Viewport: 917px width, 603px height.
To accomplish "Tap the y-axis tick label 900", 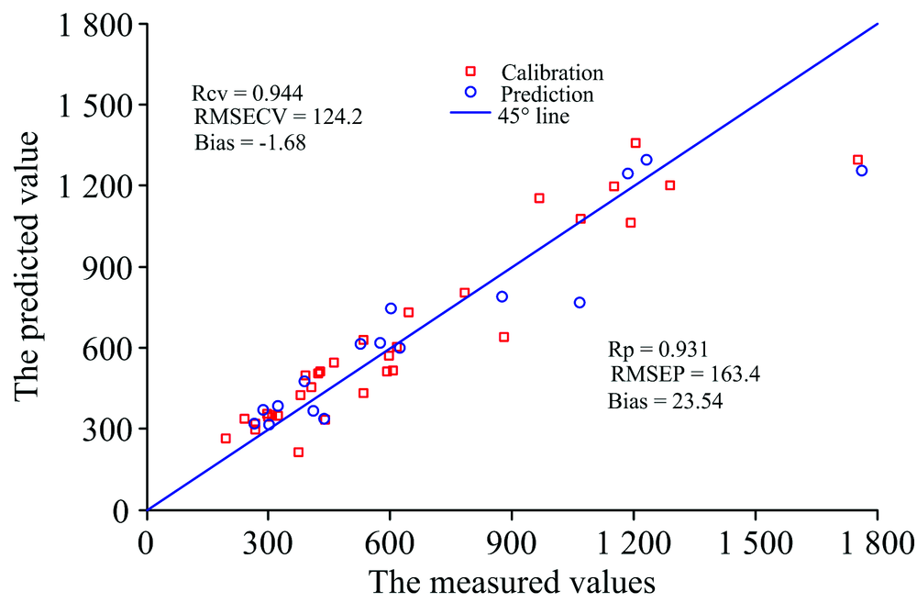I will tap(107, 267).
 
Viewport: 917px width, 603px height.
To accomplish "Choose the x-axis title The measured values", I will tap(512, 582).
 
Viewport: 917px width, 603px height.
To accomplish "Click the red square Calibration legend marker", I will tap(471, 72).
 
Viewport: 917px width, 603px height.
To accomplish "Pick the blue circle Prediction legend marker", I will tap(471, 93).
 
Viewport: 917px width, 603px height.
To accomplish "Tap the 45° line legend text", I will tap(535, 116).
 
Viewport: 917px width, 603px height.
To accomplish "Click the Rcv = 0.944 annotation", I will tap(248, 93).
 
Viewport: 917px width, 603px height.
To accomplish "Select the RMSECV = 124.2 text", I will tap(261, 117).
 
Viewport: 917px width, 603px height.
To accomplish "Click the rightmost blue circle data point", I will tap(862, 171).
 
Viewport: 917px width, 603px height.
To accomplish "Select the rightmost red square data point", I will tap(857, 160).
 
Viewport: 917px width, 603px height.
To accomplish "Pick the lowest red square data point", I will tap(298, 452).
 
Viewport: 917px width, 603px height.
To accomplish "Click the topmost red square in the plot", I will tap(635, 143).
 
